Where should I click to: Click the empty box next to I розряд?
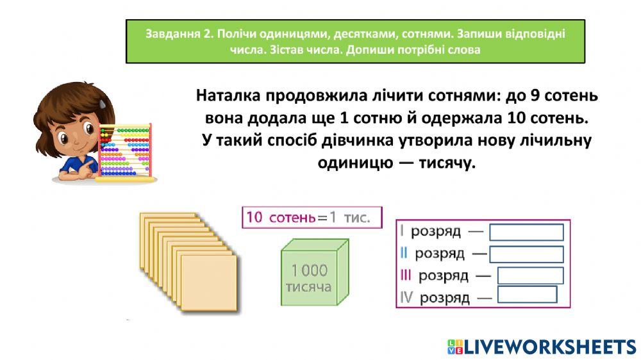[526, 232]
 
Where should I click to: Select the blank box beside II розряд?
[526, 254]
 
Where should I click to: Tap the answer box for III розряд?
[530, 275]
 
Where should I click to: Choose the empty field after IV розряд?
[527, 295]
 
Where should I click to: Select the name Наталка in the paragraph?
[233, 96]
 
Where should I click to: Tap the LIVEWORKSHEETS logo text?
[549, 347]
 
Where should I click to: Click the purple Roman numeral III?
[405, 275]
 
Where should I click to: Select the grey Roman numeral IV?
[406, 297]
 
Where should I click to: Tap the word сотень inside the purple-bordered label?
[292, 218]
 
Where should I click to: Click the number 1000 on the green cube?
[310, 270]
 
